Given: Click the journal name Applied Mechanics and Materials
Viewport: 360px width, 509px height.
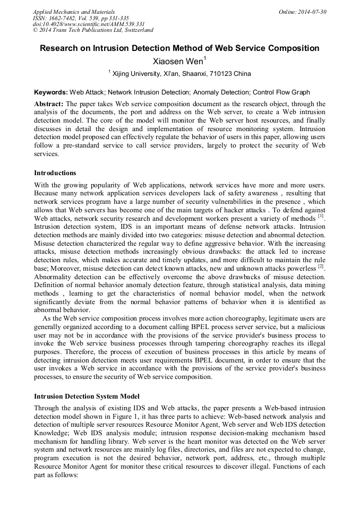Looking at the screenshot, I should [x=73, y=11].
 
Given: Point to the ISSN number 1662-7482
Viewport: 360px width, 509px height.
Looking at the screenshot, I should [x=66, y=18].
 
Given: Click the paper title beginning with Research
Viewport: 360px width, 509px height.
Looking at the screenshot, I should [x=179, y=48].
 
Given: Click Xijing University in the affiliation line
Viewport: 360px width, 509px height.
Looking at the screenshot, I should [x=140, y=74].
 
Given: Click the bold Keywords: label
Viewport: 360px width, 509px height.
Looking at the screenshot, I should [x=51, y=92].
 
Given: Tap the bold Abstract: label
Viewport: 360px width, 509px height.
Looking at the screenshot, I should [x=49, y=103].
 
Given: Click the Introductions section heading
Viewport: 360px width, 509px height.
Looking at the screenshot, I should [x=55, y=173].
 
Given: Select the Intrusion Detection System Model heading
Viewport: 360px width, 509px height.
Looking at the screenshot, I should [x=87, y=396].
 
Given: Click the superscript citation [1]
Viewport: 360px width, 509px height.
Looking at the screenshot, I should [x=320, y=216].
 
